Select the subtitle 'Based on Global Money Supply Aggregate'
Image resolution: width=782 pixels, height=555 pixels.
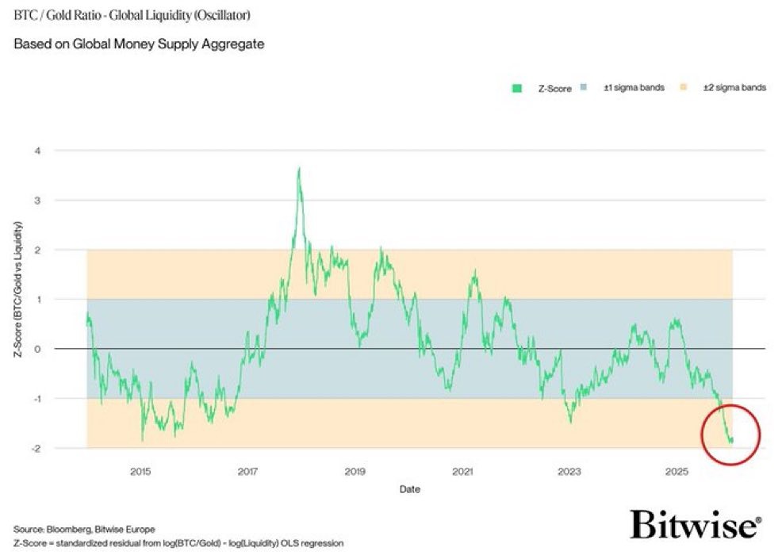139,44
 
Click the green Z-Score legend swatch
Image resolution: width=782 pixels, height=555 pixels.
516,88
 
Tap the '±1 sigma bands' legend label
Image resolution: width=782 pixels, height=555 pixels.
634,88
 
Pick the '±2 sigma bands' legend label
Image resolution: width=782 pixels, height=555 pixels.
734,88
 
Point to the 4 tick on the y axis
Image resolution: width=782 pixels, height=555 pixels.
69,151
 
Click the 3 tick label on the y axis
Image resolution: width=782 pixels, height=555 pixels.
69,200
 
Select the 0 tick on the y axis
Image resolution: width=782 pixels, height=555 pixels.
69,349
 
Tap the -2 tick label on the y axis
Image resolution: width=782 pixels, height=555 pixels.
67,448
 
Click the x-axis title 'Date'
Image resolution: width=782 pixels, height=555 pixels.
409,489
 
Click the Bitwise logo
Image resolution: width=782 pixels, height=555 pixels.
696,525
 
